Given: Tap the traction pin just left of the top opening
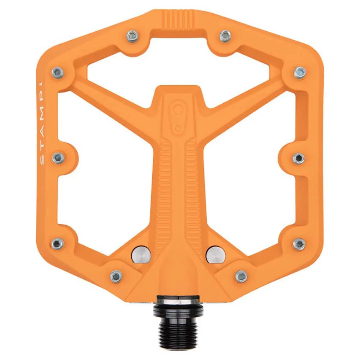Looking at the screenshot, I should pos(132,36).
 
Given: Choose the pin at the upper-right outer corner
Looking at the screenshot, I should pos(300,72).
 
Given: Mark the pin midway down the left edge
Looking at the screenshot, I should pos(58,158).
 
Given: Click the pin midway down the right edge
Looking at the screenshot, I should pos(298,158).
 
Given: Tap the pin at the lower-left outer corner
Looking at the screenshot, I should pos(58,244).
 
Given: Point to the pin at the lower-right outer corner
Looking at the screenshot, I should pos(299,244).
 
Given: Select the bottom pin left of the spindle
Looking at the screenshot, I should pos(116,276).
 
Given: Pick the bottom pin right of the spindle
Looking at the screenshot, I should pos(241,276).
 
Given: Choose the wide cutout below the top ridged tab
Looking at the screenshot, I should pos(178,65).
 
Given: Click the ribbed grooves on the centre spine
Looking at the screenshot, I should pos(177,187).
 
